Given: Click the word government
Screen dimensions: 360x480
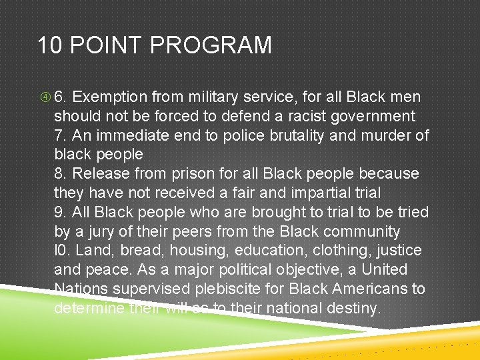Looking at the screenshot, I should pyautogui.click(x=374, y=116).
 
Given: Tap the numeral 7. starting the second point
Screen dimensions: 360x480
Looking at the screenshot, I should pyautogui.click(x=61, y=135).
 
